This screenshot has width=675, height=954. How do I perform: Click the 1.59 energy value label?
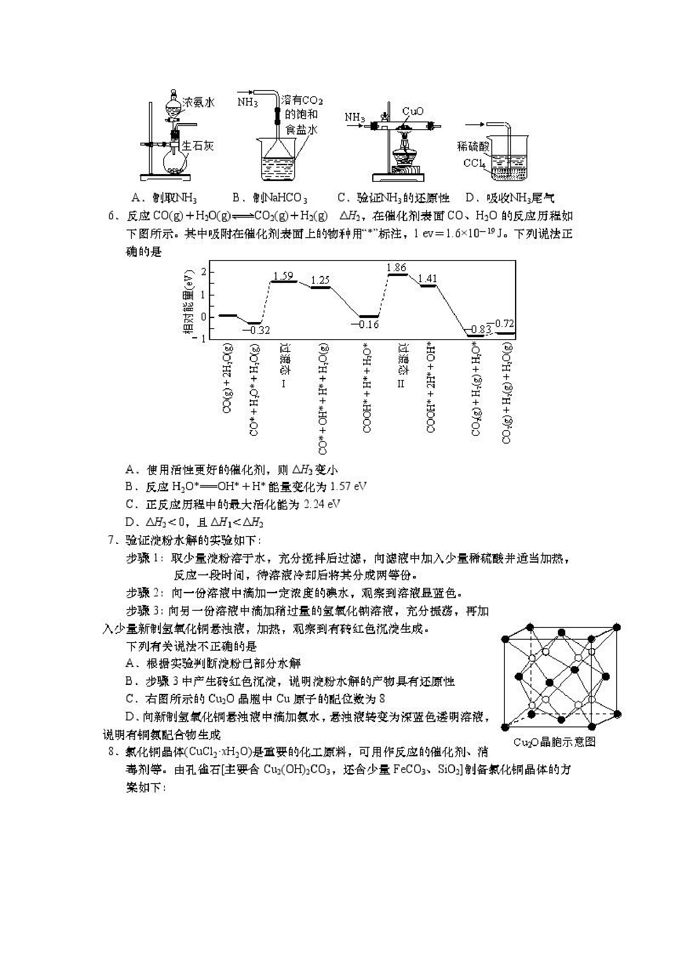pyautogui.click(x=283, y=276)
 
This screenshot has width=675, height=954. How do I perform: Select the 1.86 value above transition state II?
pyautogui.click(x=396, y=267)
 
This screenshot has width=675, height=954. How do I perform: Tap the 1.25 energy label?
pyautogui.click(x=320, y=280)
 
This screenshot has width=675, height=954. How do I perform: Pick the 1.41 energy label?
pyautogui.click(x=427, y=278)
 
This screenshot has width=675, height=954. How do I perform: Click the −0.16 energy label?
pyautogui.click(x=365, y=324)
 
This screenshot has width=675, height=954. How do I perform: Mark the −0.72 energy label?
pyautogui.click(x=501, y=323)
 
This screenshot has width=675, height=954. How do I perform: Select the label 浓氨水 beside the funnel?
pyautogui.click(x=199, y=102)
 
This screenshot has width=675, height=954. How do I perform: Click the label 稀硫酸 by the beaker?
pyautogui.click(x=473, y=146)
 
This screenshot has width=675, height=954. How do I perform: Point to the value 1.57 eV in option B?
pyautogui.click(x=348, y=486)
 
